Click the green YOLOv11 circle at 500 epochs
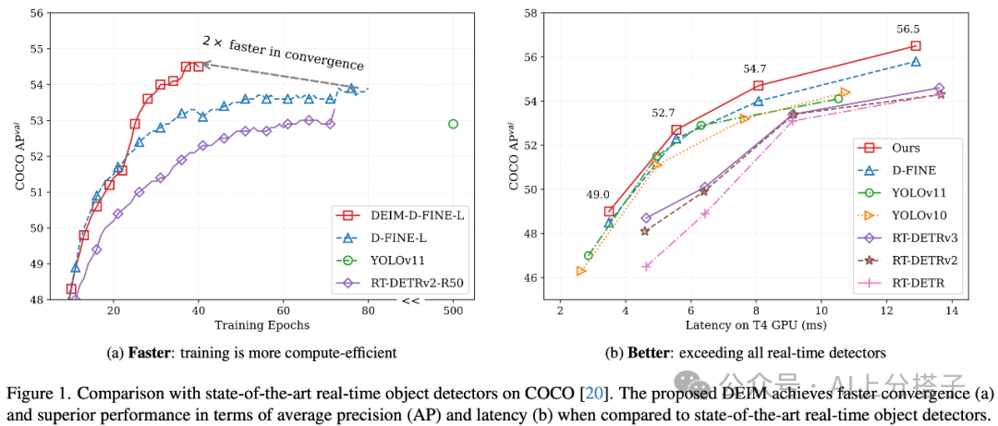(453, 124)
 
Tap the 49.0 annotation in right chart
(596, 195)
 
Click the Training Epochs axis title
(262, 325)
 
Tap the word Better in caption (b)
(652, 352)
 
